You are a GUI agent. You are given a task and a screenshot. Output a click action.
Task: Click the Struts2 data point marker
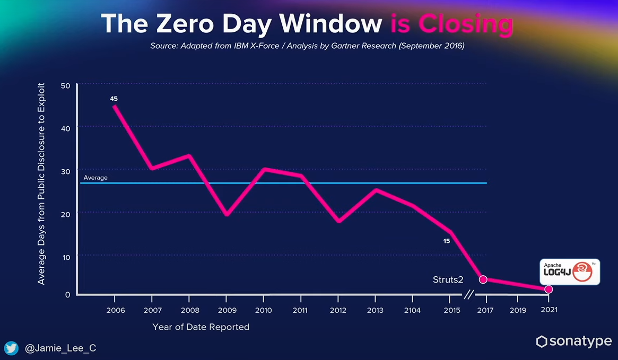[483, 279]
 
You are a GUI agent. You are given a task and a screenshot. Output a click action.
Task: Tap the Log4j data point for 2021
[549, 289]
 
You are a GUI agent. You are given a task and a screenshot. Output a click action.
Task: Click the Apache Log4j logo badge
[570, 271]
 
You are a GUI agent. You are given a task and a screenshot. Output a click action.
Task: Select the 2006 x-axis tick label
[116, 310]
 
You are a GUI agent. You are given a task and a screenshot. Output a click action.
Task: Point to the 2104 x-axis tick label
[412, 310]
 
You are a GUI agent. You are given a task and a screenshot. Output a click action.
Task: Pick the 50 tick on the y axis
[66, 85]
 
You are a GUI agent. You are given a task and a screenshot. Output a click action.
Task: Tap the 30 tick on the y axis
[66, 171]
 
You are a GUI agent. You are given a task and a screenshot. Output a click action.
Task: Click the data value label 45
[114, 99]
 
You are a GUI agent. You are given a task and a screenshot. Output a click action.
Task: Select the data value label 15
[447, 241]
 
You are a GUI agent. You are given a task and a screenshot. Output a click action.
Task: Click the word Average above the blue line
[95, 178]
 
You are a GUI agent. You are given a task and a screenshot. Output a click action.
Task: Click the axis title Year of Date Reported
[201, 327]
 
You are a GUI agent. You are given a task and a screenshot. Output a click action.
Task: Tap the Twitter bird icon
[12, 348]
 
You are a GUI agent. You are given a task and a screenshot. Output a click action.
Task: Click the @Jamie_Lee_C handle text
[60, 348]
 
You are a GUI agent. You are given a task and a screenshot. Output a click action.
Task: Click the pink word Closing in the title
[466, 24]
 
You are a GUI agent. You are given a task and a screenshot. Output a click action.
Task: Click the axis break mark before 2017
[469, 294]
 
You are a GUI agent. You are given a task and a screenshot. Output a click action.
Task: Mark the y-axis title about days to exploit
[41, 183]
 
